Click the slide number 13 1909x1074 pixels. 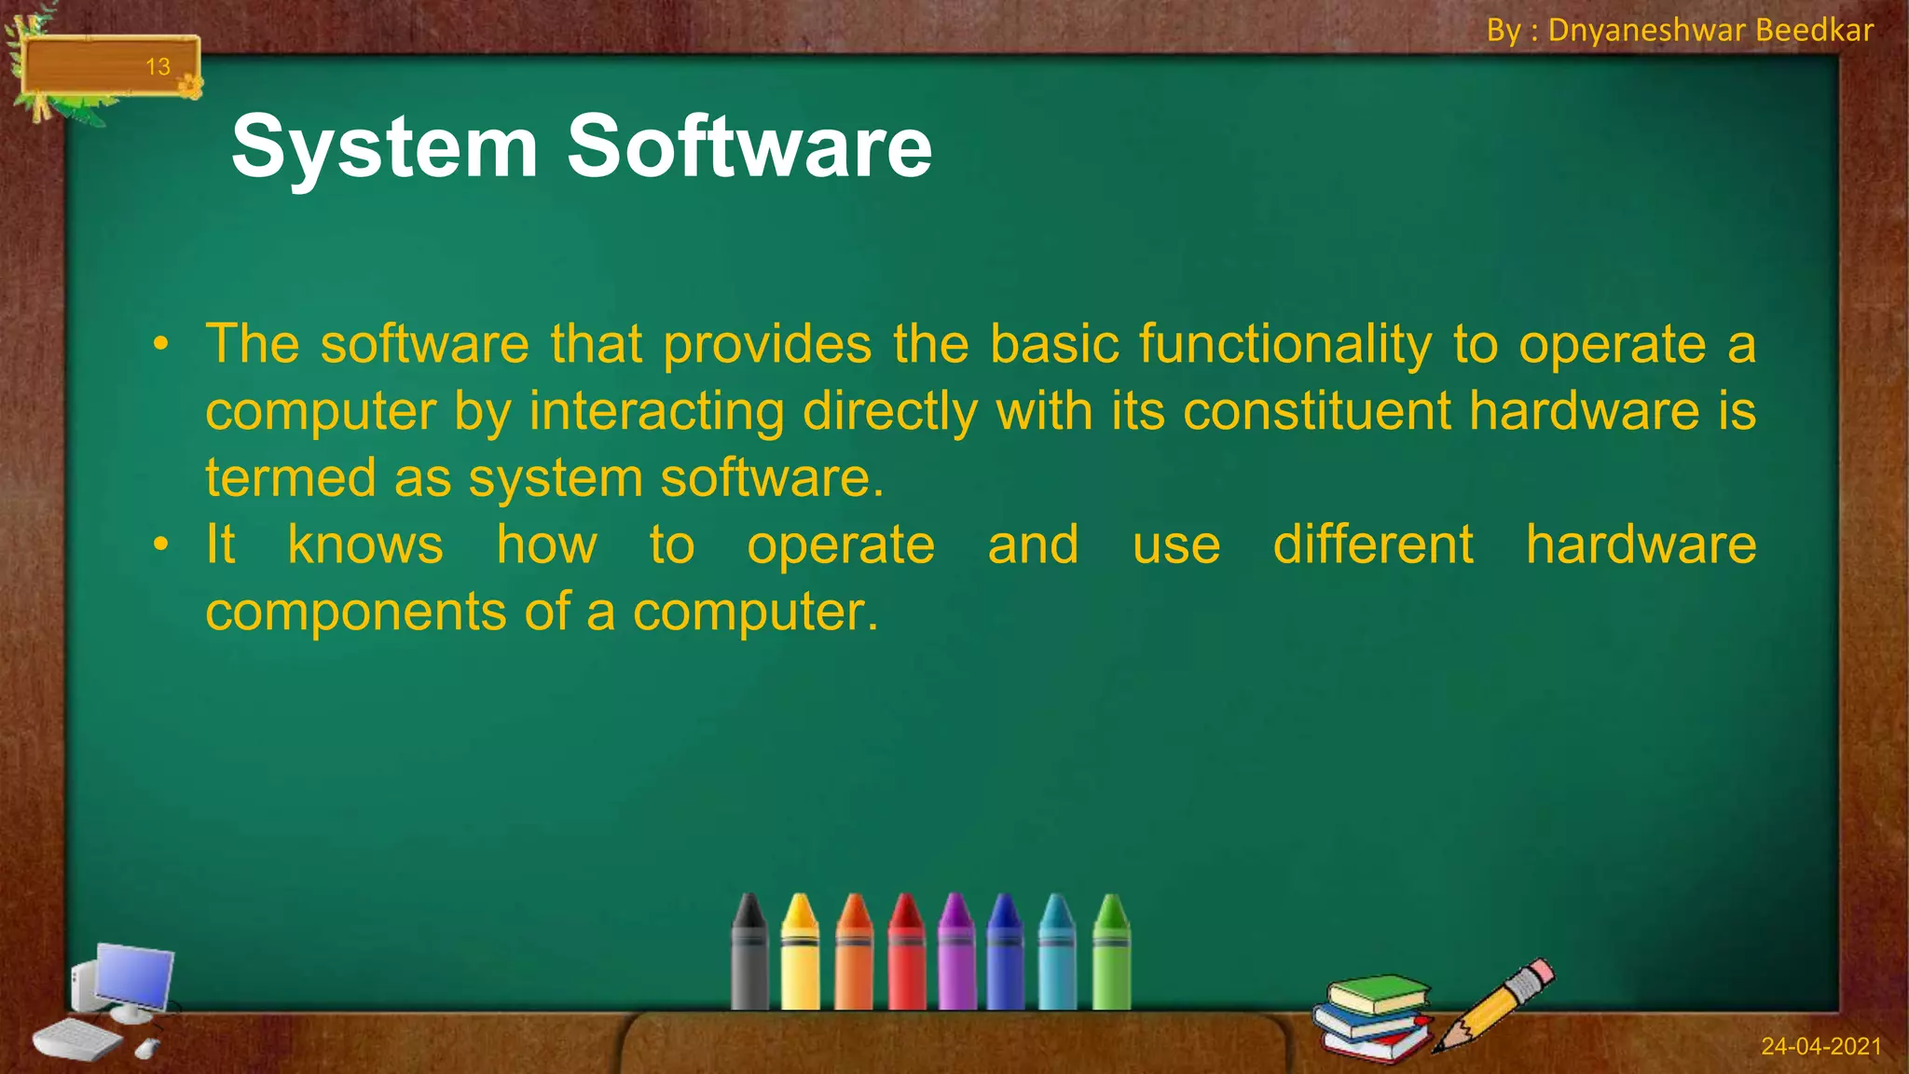[x=158, y=67]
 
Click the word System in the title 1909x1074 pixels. [x=384, y=146]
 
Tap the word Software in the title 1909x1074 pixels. [x=748, y=146]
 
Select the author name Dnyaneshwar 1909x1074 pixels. [x=1646, y=31]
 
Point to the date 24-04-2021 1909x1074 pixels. [x=1820, y=1046]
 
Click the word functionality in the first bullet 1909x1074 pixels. [x=1284, y=345]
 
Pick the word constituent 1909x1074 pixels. [x=1316, y=411]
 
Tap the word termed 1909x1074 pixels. [x=290, y=478]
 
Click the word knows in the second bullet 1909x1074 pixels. [x=365, y=545]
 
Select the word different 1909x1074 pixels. [x=1373, y=545]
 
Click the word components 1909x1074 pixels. [x=355, y=613]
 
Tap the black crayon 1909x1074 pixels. [x=748, y=956]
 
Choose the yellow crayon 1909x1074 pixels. [x=800, y=956]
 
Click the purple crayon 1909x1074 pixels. [x=955, y=956]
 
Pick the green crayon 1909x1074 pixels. [x=1111, y=956]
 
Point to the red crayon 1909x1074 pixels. [x=905, y=956]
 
